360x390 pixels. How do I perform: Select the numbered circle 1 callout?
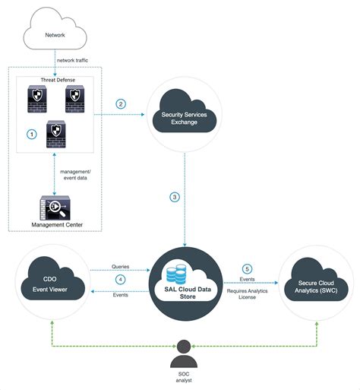[x=32, y=133]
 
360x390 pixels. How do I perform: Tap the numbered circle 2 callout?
[x=121, y=103]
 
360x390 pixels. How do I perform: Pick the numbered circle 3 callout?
[x=175, y=197]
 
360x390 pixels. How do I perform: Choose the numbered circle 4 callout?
[x=120, y=279]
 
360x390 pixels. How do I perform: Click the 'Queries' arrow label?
[x=120, y=268]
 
